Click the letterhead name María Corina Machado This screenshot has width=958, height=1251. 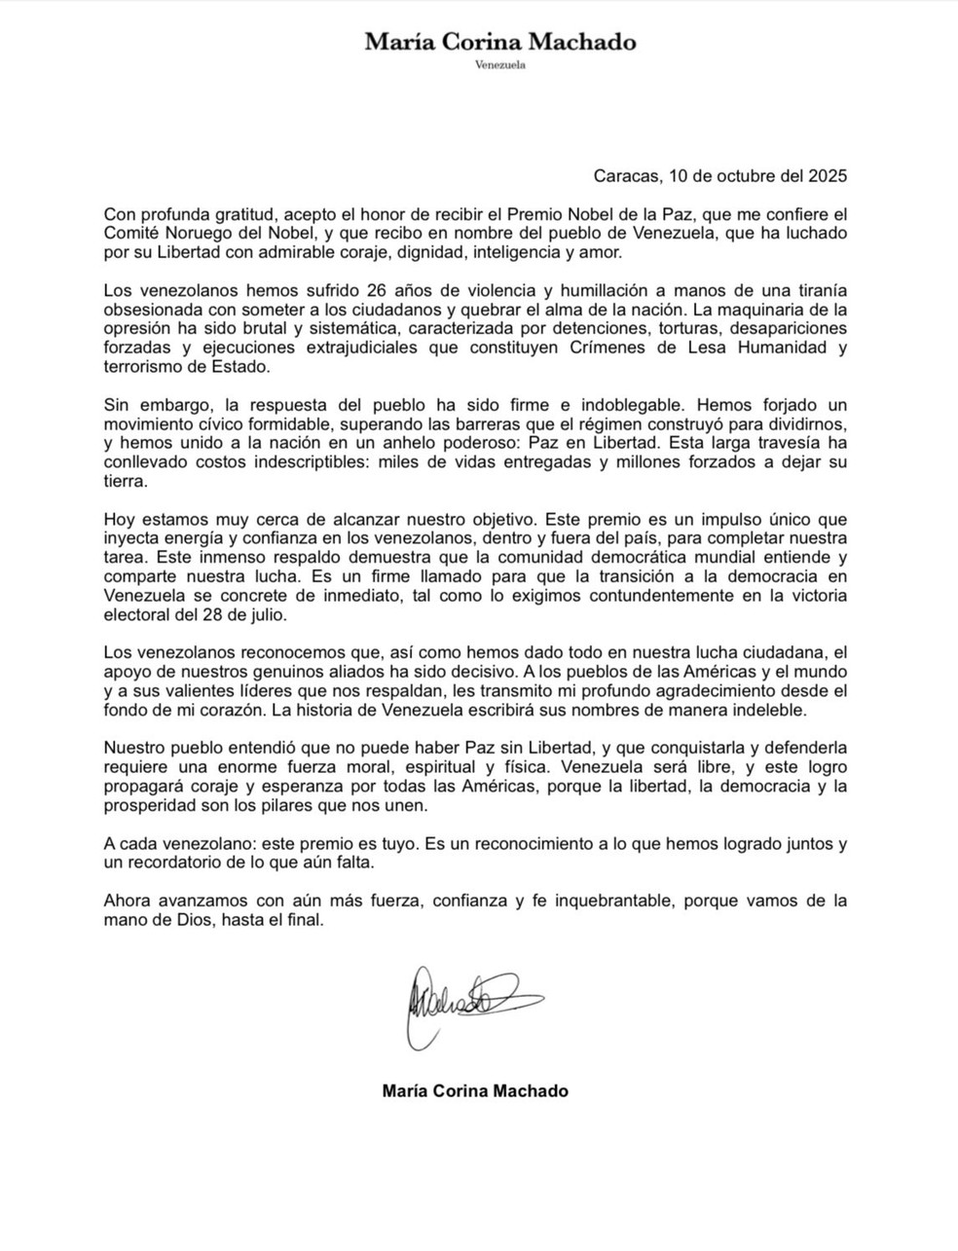click(x=500, y=42)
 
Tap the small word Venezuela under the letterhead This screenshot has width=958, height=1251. click(x=500, y=65)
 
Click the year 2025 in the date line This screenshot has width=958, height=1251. click(x=828, y=176)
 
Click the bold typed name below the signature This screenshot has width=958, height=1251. click(x=475, y=1091)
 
